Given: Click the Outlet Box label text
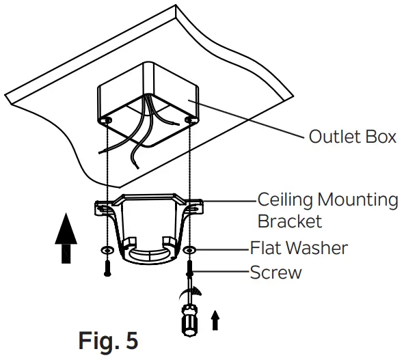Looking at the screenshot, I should pyautogui.click(x=352, y=137).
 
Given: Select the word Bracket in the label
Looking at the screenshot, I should pyautogui.click(x=289, y=222).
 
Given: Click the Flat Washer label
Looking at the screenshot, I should pyautogui.click(x=299, y=247).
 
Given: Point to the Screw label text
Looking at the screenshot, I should pyautogui.click(x=275, y=273).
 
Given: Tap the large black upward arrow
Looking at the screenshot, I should pyautogui.click(x=66, y=236).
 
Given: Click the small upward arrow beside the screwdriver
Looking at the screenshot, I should pyautogui.click(x=215, y=319).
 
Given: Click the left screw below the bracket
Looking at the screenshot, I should pyautogui.click(x=107, y=266).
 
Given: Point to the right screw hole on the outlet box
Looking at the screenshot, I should pyautogui.click(x=189, y=121).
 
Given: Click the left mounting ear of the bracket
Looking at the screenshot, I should pyautogui.click(x=104, y=206).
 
